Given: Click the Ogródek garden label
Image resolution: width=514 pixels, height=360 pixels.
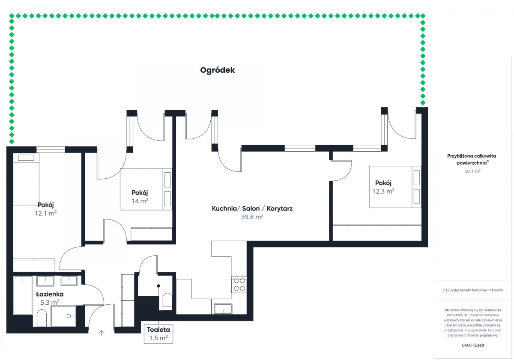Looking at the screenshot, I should point(218,70).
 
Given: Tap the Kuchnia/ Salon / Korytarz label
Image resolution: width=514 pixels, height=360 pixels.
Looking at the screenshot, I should point(252,209).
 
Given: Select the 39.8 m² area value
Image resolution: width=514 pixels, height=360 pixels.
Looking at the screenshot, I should point(252,217).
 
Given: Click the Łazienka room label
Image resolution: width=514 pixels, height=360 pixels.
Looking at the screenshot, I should point(50,294).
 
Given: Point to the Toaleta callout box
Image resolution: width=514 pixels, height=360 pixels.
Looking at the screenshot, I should point(158,333).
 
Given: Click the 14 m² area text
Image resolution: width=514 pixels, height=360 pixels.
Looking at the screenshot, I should point(140,201).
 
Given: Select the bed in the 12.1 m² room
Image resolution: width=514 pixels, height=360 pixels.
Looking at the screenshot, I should point(26,180).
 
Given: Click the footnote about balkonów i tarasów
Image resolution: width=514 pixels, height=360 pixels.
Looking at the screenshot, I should point(472,290).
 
